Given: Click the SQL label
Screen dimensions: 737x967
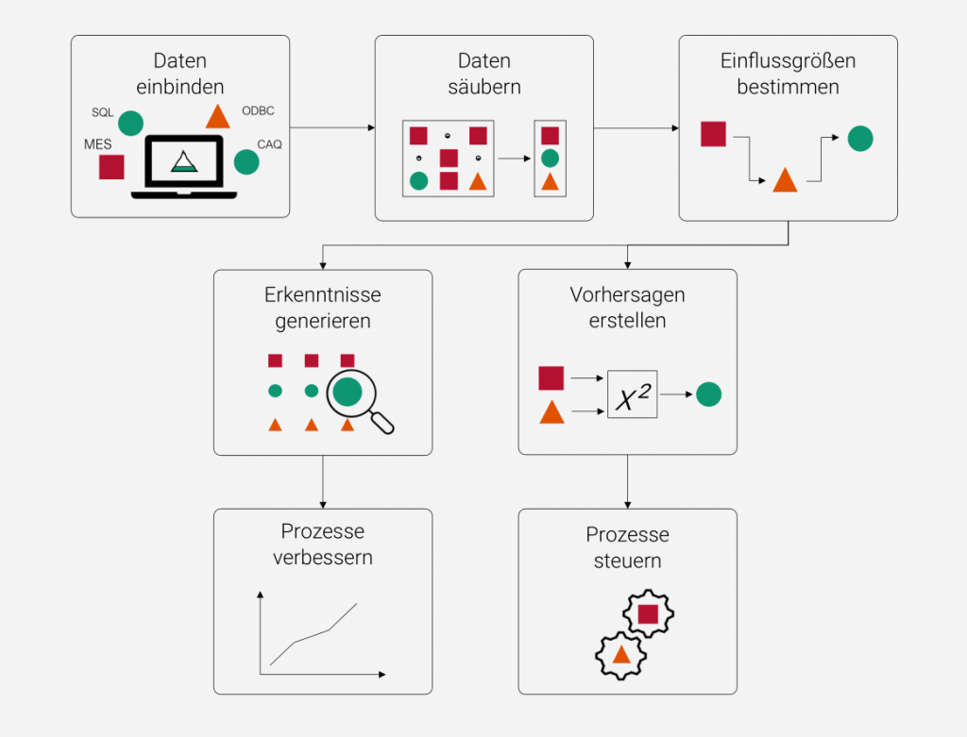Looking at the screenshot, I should click(x=102, y=112).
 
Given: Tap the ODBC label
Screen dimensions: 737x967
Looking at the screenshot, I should click(x=258, y=110).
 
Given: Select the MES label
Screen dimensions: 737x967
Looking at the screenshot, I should click(x=98, y=144).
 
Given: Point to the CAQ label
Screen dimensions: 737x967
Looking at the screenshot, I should click(x=269, y=144).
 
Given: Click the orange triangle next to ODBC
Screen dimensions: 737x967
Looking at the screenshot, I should click(x=218, y=116).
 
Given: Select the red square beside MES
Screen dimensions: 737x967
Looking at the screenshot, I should click(x=111, y=167).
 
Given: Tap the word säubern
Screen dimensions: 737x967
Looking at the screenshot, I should click(x=483, y=87).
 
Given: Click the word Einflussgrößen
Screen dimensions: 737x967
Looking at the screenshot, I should click(x=788, y=62).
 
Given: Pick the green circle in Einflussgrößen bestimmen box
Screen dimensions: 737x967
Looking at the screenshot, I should click(x=859, y=139).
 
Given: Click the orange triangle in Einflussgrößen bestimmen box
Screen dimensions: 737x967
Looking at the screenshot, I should click(x=785, y=180).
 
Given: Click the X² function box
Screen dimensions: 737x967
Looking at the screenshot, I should click(x=632, y=395).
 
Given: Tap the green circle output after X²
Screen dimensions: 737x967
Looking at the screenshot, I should click(x=709, y=394).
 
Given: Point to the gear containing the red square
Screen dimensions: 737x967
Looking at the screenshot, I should click(x=648, y=614).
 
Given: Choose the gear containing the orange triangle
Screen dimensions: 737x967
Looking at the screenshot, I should click(x=620, y=654).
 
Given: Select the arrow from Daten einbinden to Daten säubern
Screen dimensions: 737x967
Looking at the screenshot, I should click(x=331, y=126).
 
